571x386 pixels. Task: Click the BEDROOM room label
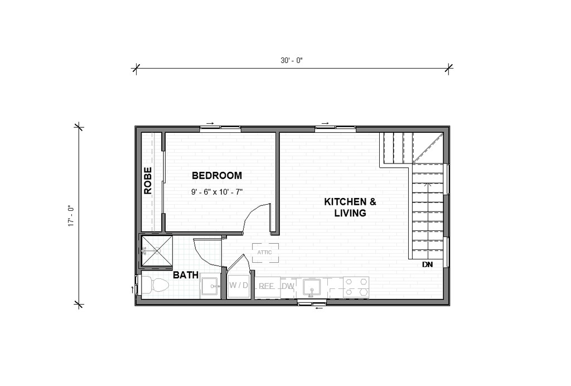tap(217, 176)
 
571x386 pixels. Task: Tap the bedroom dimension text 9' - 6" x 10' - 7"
tap(217, 192)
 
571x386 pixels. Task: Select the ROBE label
tap(148, 181)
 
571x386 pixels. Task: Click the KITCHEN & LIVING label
tap(350, 207)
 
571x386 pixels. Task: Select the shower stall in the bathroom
tap(157, 251)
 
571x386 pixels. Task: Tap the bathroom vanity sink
tap(211, 287)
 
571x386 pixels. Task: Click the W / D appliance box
tap(239, 286)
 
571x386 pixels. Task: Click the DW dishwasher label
tap(288, 287)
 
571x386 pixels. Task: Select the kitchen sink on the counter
tap(311, 287)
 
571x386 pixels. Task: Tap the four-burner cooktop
tap(356, 287)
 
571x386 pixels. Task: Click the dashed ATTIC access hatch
tap(265, 252)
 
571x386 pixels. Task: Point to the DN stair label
tap(427, 264)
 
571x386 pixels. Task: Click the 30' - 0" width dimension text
tap(291, 60)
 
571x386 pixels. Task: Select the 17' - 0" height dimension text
tap(70, 216)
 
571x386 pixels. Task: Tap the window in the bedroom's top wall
tap(220, 128)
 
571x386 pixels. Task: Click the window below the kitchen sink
tap(311, 302)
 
